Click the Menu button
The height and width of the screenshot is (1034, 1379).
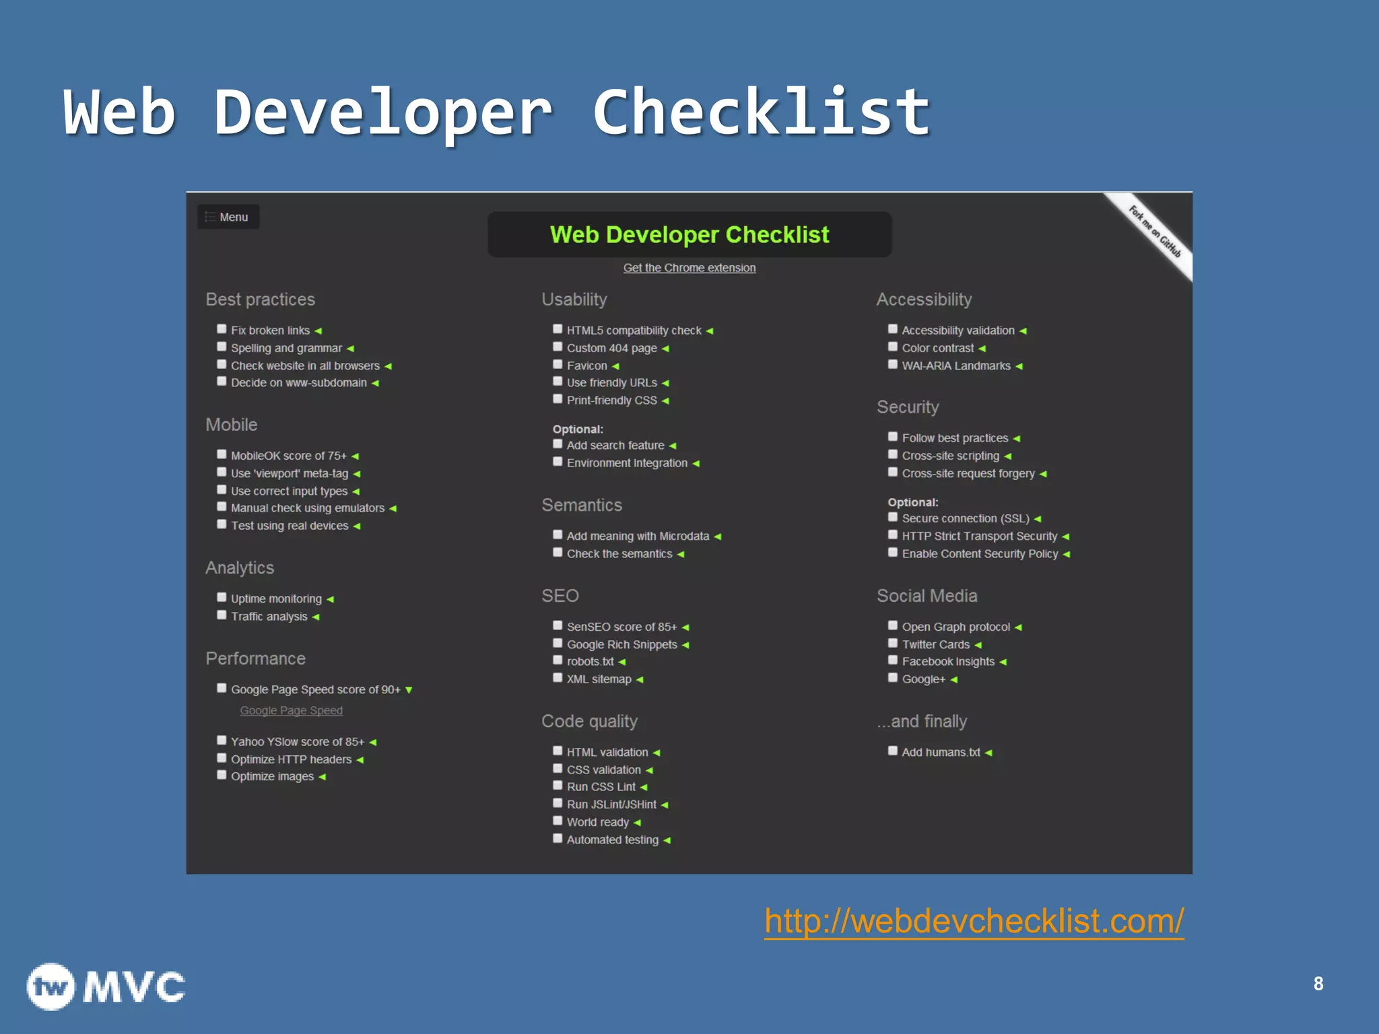point(228,217)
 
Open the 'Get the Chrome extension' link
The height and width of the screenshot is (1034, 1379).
point(689,268)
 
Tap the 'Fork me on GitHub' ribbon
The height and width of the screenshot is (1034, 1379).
point(1155,232)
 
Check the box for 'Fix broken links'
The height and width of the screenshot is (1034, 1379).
point(222,329)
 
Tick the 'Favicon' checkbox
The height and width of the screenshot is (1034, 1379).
point(558,364)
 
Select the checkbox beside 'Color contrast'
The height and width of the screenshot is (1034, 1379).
point(893,347)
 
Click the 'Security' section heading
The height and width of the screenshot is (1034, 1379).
point(907,407)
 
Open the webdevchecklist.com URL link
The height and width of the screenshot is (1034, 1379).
point(974,921)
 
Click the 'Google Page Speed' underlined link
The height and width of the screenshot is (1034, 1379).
point(291,710)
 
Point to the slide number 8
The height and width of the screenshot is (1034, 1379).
point(1318,984)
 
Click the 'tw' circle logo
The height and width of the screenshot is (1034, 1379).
point(51,987)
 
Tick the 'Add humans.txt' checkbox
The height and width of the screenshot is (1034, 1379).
point(893,751)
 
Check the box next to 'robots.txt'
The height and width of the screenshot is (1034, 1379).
point(558,660)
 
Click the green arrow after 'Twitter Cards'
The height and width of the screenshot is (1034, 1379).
point(978,645)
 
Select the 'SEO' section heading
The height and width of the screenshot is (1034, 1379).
point(560,596)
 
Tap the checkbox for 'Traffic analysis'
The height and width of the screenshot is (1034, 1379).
point(222,615)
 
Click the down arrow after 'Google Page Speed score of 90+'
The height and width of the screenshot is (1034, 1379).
point(409,690)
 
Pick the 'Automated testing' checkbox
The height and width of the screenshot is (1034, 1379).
point(558,839)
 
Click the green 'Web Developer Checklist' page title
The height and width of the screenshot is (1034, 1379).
point(689,234)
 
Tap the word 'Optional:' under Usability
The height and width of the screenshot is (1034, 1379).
point(578,429)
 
